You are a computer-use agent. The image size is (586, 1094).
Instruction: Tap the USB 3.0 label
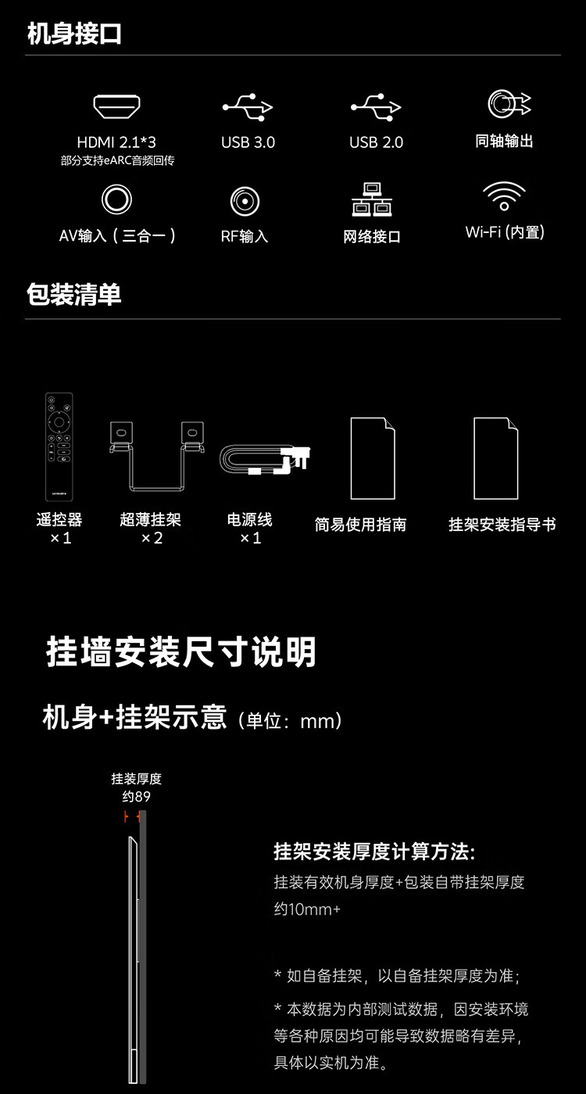(x=248, y=142)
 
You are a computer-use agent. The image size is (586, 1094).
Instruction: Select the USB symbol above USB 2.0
(x=376, y=106)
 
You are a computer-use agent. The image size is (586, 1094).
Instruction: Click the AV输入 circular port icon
(x=116, y=199)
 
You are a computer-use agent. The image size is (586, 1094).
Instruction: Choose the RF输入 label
(x=244, y=236)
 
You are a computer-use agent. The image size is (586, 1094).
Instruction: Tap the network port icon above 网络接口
(x=372, y=200)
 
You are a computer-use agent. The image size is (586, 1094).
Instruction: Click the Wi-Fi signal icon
(x=504, y=195)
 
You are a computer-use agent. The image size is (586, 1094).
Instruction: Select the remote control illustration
(x=59, y=447)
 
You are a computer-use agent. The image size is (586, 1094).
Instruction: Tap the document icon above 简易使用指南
(x=372, y=458)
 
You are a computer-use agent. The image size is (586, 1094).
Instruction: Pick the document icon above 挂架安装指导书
(x=495, y=458)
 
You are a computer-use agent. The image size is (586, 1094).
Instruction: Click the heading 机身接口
(x=74, y=34)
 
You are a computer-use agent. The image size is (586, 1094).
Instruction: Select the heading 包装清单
(x=74, y=295)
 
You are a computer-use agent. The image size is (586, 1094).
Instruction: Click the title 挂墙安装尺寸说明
(x=181, y=652)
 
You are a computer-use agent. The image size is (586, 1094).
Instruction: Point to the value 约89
(x=136, y=797)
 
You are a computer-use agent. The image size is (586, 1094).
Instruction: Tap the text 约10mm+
(x=307, y=909)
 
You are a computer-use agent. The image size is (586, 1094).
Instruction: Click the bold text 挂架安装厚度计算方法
(x=374, y=852)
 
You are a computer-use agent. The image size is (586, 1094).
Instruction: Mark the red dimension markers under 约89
(x=132, y=816)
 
